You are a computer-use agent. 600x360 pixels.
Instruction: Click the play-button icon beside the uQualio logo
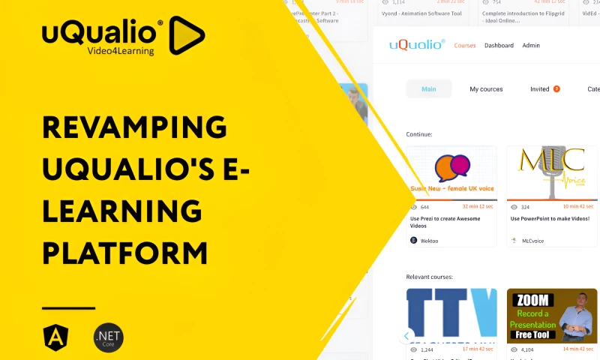[185, 34]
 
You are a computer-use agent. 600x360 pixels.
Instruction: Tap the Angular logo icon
[54, 337]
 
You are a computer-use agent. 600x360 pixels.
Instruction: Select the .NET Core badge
[108, 337]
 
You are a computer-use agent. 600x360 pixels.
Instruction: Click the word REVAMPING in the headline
[134, 127]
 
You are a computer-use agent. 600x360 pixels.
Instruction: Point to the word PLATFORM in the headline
[124, 253]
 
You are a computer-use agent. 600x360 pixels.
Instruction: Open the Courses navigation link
[465, 46]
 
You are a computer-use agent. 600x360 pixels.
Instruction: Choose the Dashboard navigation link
[499, 46]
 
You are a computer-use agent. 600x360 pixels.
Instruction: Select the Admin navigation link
[531, 46]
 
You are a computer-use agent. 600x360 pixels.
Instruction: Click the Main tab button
[429, 89]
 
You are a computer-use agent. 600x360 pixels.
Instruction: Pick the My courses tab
[486, 89]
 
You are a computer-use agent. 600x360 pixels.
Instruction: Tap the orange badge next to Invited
[556, 89]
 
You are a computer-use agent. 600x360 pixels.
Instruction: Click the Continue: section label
[419, 134]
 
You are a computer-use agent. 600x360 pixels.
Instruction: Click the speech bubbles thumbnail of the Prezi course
[451, 168]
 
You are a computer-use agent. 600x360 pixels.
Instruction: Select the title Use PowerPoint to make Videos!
[550, 219]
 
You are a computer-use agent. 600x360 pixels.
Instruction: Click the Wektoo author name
[430, 241]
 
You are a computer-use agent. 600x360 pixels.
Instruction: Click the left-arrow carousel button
[407, 336]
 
